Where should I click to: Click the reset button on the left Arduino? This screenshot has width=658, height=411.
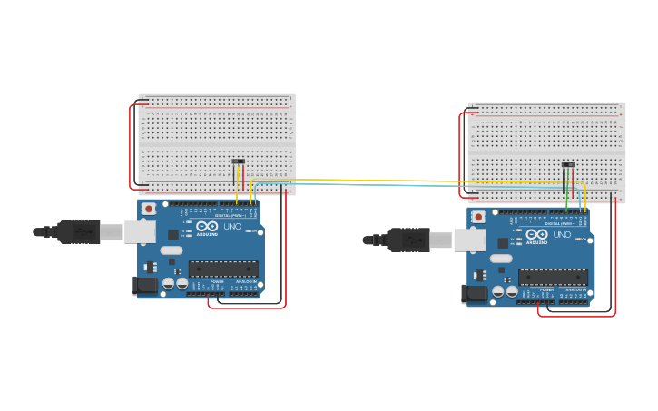click(149, 208)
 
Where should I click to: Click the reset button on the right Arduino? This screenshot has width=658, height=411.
click(478, 216)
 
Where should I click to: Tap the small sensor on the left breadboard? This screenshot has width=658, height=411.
click(239, 161)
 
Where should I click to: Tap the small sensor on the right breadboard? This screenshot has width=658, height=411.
click(568, 165)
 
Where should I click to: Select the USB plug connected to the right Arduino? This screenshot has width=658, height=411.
click(408, 240)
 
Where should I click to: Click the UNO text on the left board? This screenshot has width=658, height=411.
click(233, 226)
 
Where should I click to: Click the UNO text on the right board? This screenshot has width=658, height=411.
click(563, 234)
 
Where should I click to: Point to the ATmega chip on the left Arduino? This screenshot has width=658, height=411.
click(223, 269)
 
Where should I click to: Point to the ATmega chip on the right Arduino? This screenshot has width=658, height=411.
click(553, 277)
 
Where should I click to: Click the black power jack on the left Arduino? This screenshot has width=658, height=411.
click(143, 286)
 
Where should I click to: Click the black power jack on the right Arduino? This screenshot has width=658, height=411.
click(473, 294)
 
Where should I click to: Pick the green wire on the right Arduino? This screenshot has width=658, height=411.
click(566, 195)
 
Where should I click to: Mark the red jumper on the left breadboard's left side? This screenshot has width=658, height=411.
click(131, 145)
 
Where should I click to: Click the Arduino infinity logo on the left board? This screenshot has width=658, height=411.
click(207, 226)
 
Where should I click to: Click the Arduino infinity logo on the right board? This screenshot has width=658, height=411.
click(536, 234)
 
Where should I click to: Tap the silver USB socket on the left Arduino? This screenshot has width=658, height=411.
click(140, 231)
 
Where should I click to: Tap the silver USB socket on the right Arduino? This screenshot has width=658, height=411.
click(469, 240)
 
